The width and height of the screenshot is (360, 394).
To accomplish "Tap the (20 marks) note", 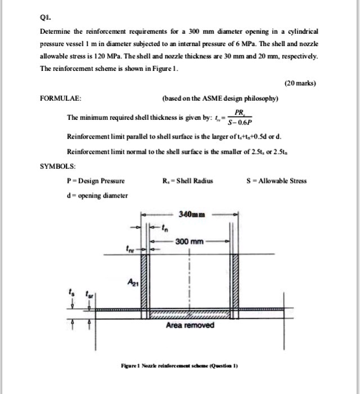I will pos(300,83).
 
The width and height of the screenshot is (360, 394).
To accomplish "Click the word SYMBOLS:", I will pos(57,167).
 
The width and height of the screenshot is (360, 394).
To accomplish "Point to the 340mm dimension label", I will pos(192,214).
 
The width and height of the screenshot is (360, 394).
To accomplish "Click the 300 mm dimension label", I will pos(188,241).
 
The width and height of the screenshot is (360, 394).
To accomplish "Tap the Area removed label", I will pos(190,326).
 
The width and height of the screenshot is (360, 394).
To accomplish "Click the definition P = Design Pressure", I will pos(95,181).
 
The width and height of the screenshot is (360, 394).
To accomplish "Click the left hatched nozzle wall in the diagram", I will pos(143,280).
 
